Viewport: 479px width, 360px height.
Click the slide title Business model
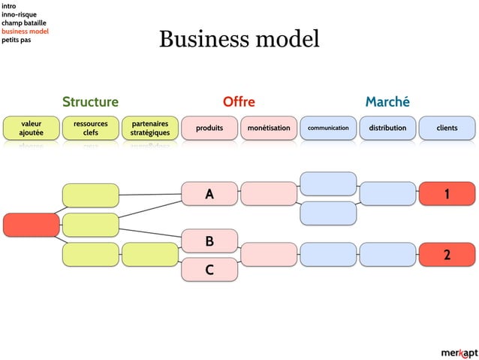[239, 39]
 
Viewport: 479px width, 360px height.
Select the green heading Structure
[90, 101]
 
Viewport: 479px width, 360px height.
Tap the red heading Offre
[239, 101]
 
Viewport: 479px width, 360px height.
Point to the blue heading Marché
[387, 101]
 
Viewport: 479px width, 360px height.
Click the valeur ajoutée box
[31, 128]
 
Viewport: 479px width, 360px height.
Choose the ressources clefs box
[90, 128]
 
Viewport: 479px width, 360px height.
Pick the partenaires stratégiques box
[149, 128]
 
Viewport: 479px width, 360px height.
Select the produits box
[209, 128]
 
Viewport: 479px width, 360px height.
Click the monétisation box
[269, 128]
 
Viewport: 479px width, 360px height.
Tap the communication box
[328, 128]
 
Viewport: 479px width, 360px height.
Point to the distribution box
[387, 128]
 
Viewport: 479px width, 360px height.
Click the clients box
[447, 128]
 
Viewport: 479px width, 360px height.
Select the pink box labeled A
[210, 195]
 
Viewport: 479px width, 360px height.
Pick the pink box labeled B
[210, 241]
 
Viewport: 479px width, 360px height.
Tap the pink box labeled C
[210, 268]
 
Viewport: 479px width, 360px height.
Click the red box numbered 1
[447, 194]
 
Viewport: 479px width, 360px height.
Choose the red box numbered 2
[447, 255]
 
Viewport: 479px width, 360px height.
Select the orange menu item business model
[25, 32]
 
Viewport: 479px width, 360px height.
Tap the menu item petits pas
[16, 40]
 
